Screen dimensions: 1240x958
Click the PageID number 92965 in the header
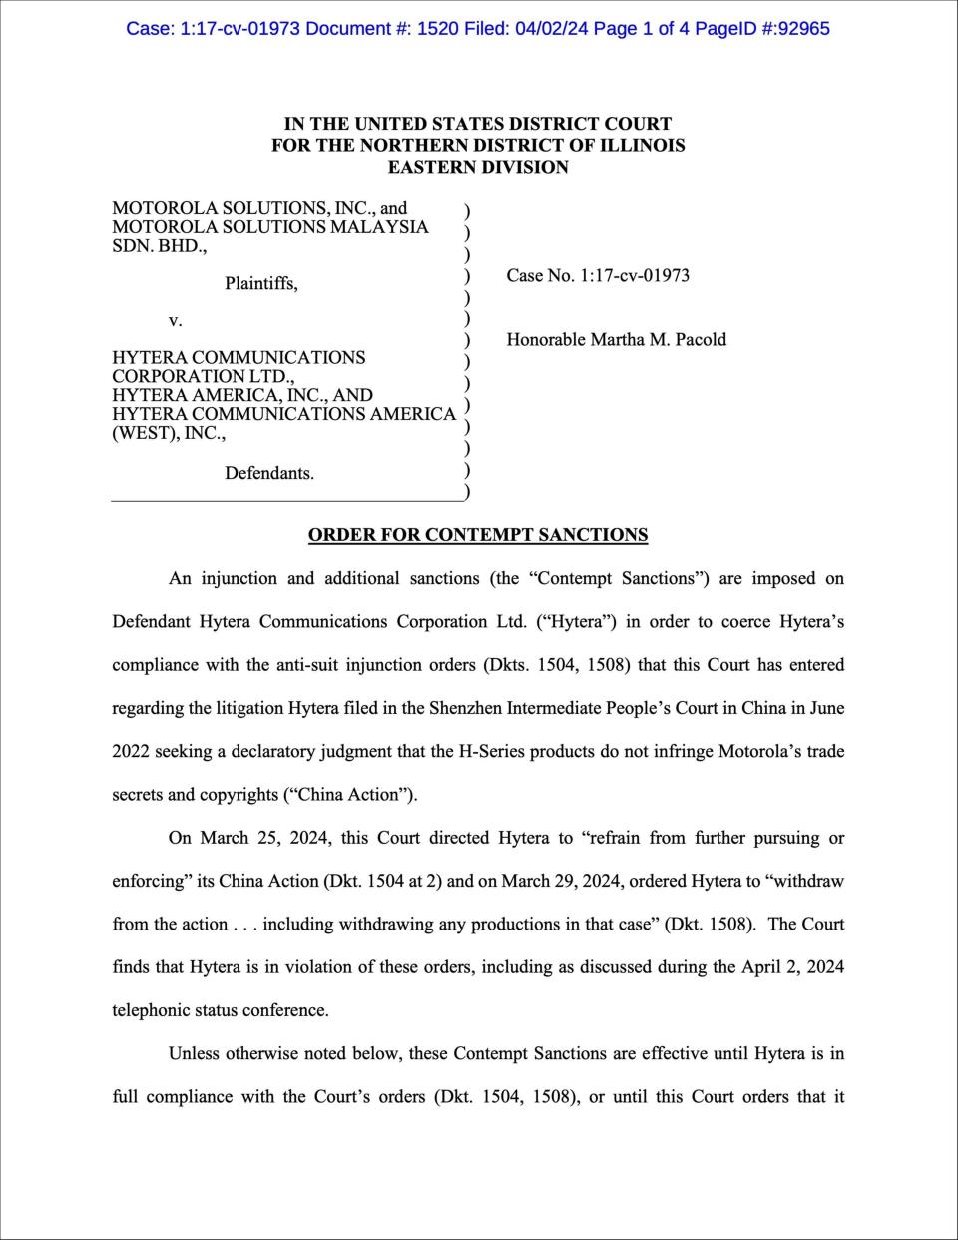click(x=795, y=28)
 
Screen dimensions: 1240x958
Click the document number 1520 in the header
click(x=437, y=28)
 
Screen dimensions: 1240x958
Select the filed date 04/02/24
click(x=551, y=28)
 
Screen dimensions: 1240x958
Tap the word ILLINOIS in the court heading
click(x=644, y=146)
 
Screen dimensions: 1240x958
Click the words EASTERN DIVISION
click(x=478, y=168)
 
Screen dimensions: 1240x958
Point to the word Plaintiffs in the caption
click(x=260, y=284)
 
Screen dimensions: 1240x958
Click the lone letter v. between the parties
click(x=175, y=321)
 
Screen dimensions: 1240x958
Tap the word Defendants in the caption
click(x=269, y=473)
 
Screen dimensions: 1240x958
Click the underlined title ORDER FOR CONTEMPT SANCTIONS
click(x=478, y=535)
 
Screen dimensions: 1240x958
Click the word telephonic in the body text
click(x=155, y=1010)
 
